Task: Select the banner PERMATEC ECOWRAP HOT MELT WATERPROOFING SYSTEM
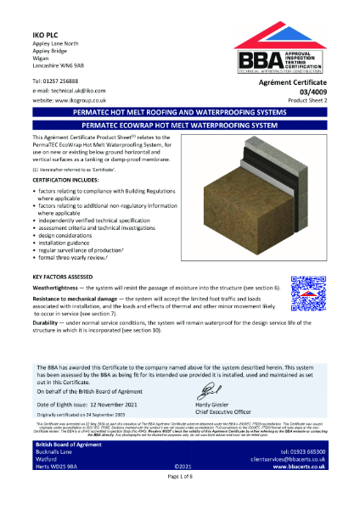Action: (179, 124)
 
